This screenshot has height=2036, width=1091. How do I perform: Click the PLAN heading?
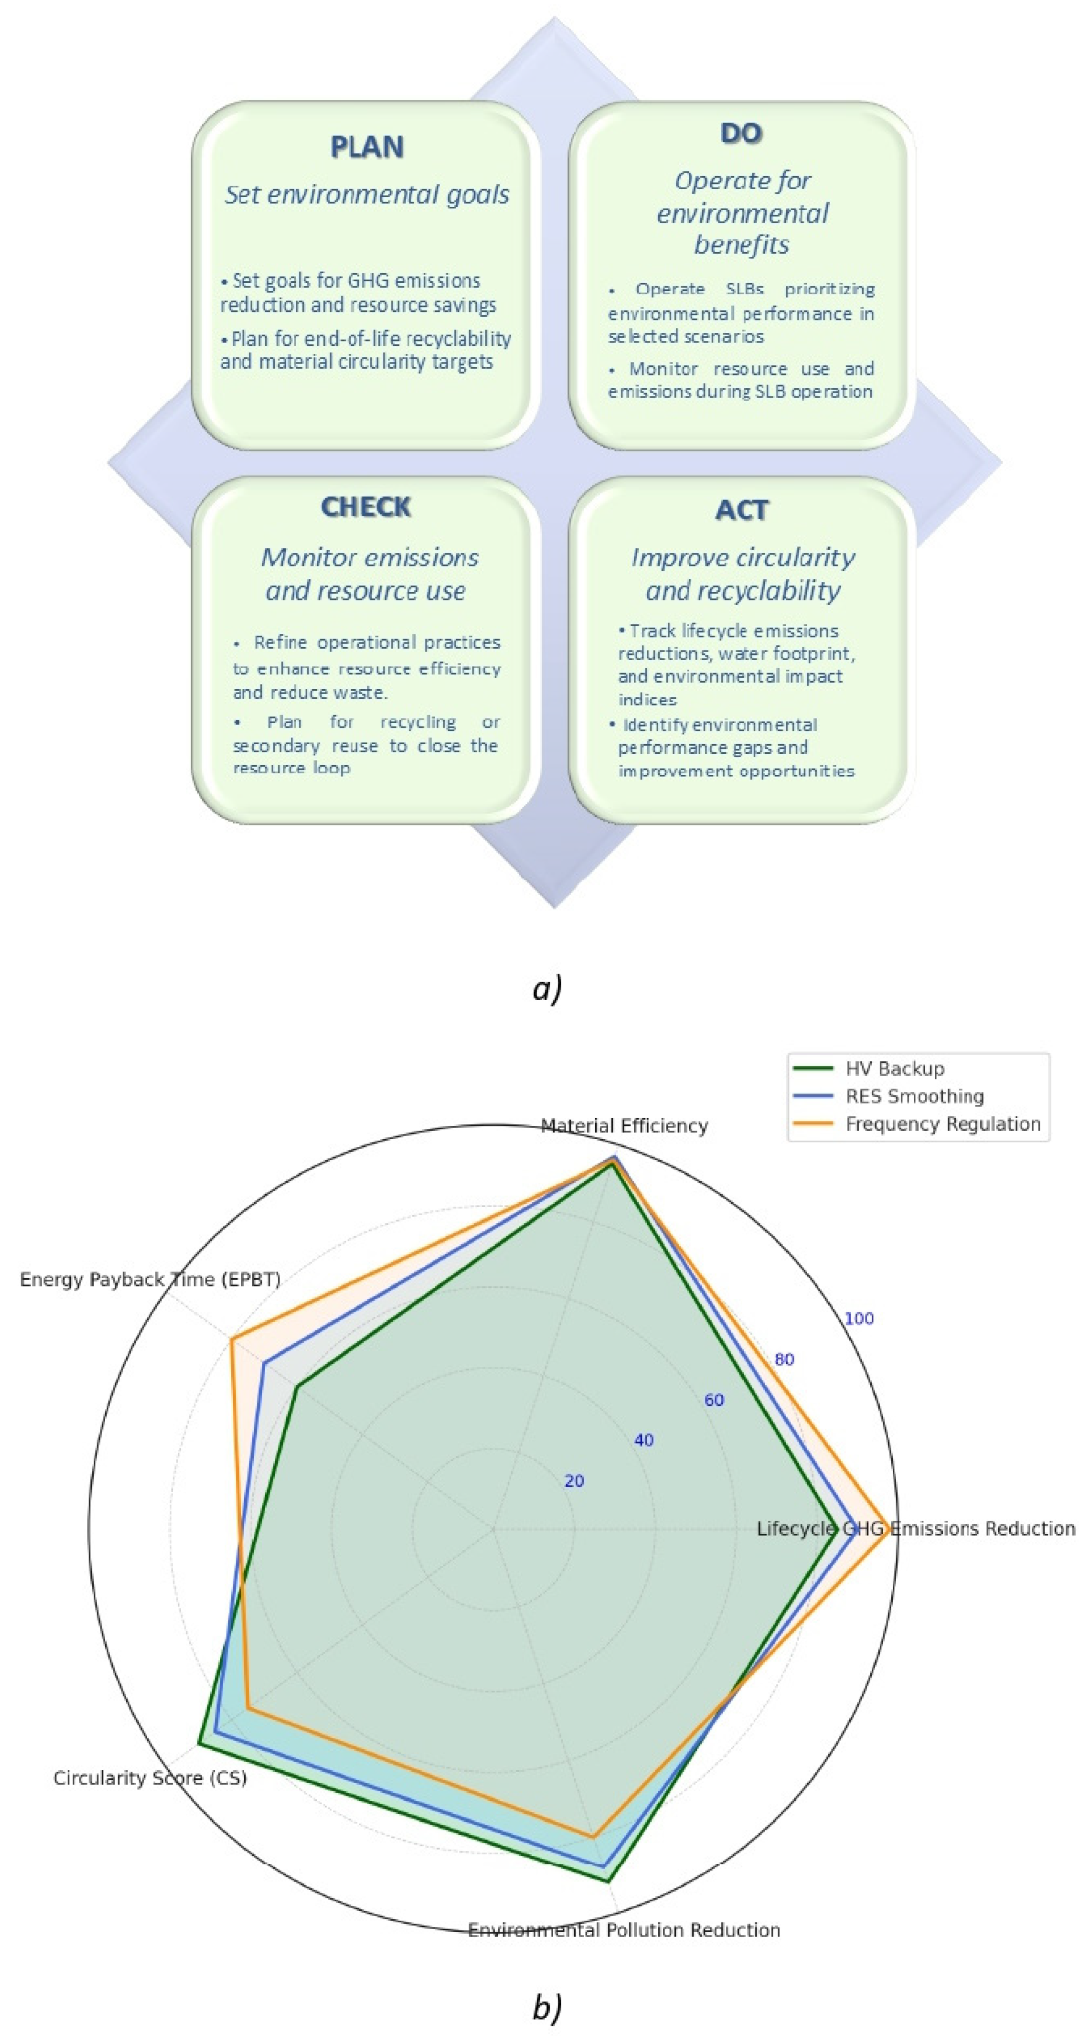click(366, 147)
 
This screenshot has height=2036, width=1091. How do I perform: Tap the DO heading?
click(741, 133)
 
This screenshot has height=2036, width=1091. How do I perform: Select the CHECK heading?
click(366, 507)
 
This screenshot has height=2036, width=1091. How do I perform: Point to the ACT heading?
click(741, 511)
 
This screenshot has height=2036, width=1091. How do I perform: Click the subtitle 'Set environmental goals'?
click(366, 194)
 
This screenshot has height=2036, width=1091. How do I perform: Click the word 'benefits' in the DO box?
click(741, 245)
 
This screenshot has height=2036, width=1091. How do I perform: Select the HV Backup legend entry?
click(894, 1069)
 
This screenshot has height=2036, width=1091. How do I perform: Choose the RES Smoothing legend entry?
click(914, 1096)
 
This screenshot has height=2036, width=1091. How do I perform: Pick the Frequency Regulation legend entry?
click(942, 1124)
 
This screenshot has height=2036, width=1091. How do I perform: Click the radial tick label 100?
click(859, 1319)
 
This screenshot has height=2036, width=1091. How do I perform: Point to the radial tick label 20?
click(574, 1481)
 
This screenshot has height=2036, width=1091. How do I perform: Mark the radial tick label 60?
click(714, 1400)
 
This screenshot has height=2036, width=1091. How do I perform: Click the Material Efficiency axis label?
click(624, 1125)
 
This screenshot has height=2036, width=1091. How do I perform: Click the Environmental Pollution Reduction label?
click(624, 1930)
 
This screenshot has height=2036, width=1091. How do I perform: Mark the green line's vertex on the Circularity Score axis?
click(199, 1743)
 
